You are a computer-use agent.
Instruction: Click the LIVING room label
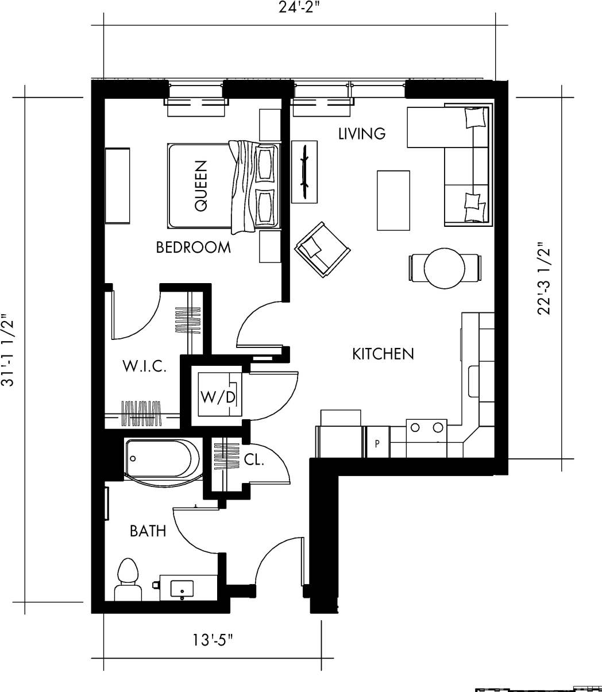coord(361,134)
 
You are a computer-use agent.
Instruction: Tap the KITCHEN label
coord(383,354)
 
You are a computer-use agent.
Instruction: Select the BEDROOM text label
coord(193,248)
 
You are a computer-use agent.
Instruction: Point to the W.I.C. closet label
coord(145,366)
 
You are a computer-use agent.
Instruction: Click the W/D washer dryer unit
coord(218,395)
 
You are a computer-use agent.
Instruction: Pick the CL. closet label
coord(253,459)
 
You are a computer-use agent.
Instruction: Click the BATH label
coord(148,531)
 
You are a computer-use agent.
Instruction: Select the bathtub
coord(161,459)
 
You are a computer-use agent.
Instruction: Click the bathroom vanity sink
coord(183,588)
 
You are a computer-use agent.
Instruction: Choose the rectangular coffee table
coord(393,200)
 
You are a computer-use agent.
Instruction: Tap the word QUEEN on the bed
coord(201,185)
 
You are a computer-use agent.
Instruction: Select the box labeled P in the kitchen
coord(377,443)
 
